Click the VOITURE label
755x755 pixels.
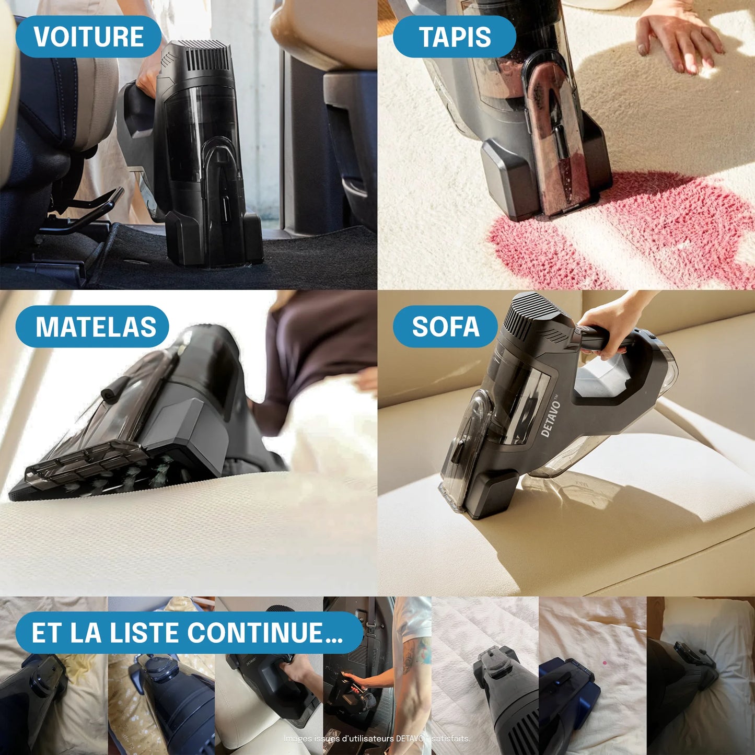click(x=88, y=37)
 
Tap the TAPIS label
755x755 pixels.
click(x=454, y=37)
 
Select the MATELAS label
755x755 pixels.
click(x=95, y=327)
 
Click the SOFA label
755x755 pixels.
click(x=445, y=327)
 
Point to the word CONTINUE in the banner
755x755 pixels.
click(x=264, y=633)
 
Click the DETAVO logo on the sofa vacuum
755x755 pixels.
click(x=551, y=419)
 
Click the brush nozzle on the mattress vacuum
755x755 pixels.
click(x=84, y=468)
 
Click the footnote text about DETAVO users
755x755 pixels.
click(x=377, y=738)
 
